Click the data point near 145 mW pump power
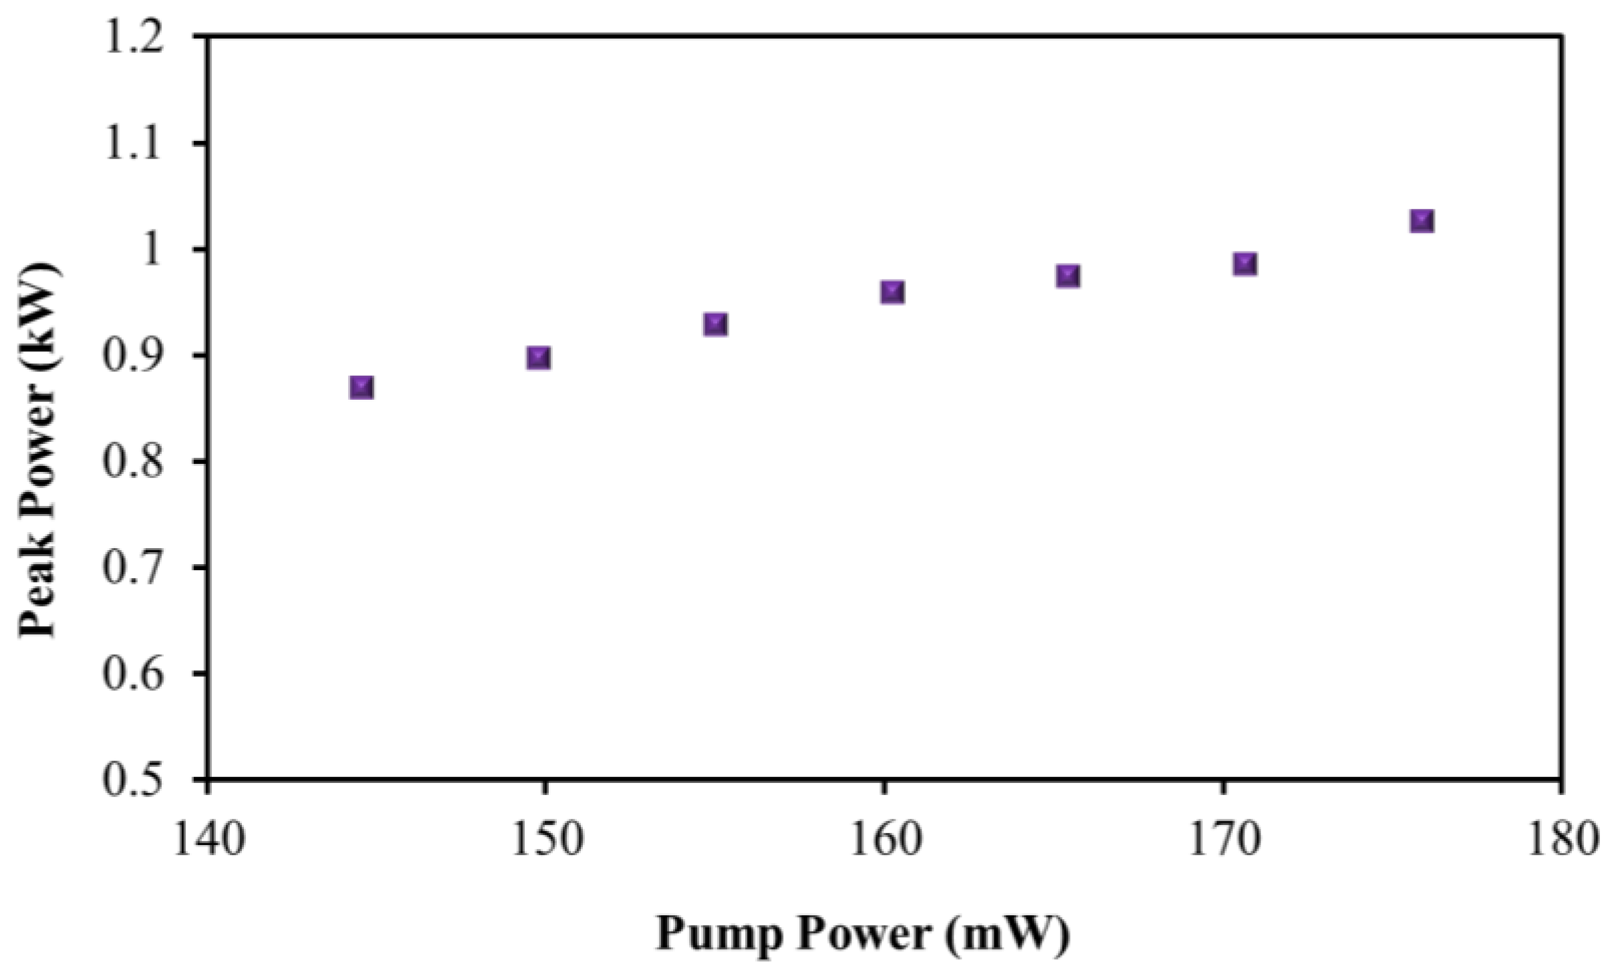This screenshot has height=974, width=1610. tap(362, 387)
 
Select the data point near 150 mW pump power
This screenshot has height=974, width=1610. tap(539, 358)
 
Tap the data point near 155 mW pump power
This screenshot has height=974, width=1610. tap(715, 324)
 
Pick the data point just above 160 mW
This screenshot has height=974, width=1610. tap(892, 291)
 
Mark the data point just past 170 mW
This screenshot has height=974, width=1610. tap(1244, 263)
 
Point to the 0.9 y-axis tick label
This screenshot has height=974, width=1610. tap(133, 356)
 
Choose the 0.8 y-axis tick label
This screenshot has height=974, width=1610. tap(133, 461)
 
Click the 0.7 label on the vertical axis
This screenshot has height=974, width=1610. tap(133, 568)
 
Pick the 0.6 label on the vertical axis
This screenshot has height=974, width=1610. tap(133, 673)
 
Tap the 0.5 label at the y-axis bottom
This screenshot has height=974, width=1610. tap(133, 779)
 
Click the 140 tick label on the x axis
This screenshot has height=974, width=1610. tap(209, 840)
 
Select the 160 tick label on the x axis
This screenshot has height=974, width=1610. tap(884, 840)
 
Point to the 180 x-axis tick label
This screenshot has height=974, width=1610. tap(1561, 840)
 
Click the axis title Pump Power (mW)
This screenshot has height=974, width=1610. tap(862, 933)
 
